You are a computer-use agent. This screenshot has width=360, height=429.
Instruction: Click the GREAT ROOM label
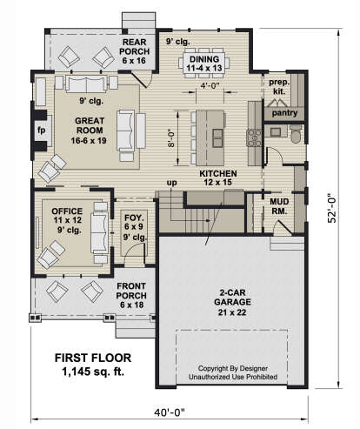point(90,125)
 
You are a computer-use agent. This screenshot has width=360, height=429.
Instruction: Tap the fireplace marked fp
point(41,131)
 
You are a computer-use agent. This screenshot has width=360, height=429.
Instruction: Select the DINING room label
point(204,59)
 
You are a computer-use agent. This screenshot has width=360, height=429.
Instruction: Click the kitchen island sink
point(217,137)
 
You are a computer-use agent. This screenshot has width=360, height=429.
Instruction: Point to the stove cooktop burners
point(254,137)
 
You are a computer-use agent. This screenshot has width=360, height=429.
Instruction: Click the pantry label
point(284,113)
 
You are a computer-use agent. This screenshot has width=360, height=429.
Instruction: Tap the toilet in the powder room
point(296,135)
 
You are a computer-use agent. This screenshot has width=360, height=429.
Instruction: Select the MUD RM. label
point(279,206)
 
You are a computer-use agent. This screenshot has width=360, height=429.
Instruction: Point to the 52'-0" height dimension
point(332,208)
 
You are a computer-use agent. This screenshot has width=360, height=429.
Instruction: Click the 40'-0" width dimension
point(170,412)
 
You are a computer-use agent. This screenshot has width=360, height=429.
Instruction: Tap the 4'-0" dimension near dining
point(210,85)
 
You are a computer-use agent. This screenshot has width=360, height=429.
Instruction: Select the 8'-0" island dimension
point(171,137)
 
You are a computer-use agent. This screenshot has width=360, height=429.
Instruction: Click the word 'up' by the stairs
point(171,183)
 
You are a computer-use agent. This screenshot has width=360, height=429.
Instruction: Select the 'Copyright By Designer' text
point(233,368)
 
